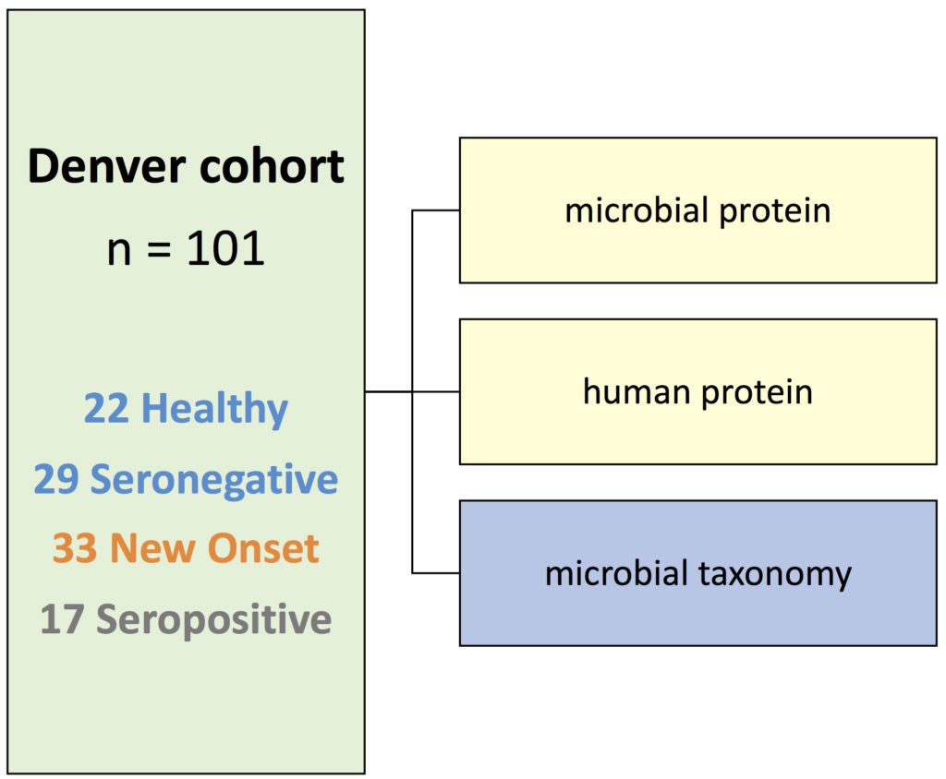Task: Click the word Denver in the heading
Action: [x=107, y=166]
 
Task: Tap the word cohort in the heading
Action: [x=272, y=166]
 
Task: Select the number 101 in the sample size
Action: [x=225, y=248]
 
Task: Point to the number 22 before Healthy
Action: [x=106, y=408]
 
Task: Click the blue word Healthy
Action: [x=214, y=410]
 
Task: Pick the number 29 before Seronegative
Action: [x=56, y=479]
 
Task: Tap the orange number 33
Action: [x=74, y=548]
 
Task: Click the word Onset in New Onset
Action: [x=263, y=548]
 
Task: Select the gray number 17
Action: [x=62, y=619]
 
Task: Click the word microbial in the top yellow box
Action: [x=637, y=210]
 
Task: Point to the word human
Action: [x=637, y=392]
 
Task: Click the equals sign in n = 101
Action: [x=159, y=249]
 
